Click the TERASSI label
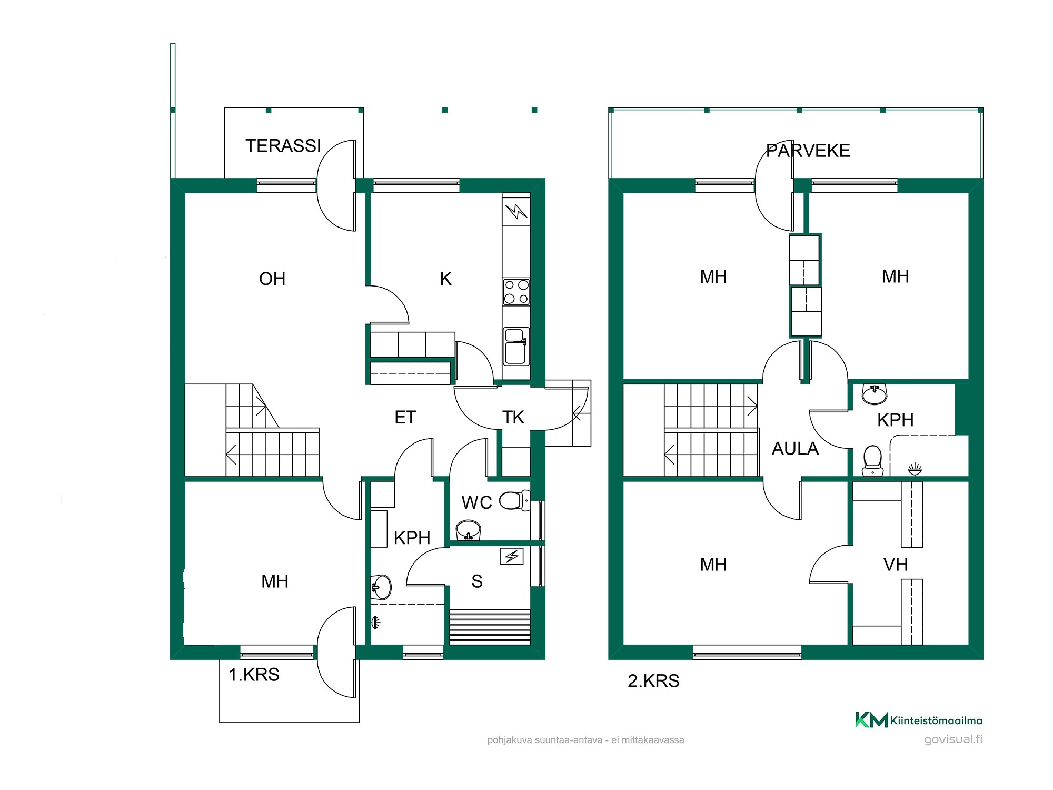click(x=283, y=146)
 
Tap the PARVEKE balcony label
click(x=808, y=151)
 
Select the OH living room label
click(x=272, y=279)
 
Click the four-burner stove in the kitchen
click(x=516, y=292)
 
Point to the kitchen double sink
click(x=516, y=346)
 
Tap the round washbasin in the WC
click(x=468, y=530)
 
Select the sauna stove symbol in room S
click(x=512, y=556)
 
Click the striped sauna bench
click(x=490, y=627)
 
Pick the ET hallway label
click(x=405, y=418)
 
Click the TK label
click(x=513, y=418)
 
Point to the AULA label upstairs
click(x=795, y=449)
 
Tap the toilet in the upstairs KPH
click(x=872, y=461)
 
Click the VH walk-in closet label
click(x=896, y=565)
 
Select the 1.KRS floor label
click(x=254, y=675)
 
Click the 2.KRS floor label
click(x=653, y=681)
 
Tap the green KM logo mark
click(x=871, y=719)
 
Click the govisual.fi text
click(x=953, y=739)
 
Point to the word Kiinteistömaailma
click(x=936, y=720)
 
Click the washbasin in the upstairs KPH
click(x=875, y=394)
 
